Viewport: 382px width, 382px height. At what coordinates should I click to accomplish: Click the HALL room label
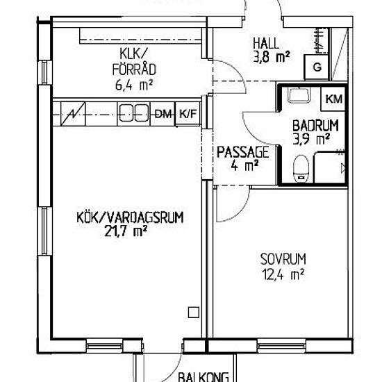click(x=265, y=43)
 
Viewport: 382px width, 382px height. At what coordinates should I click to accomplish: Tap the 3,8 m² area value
click(x=272, y=57)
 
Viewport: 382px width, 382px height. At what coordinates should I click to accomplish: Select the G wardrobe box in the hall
click(x=317, y=67)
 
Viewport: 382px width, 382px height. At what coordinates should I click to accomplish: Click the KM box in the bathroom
click(x=334, y=99)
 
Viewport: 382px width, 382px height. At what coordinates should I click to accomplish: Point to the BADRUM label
click(x=315, y=126)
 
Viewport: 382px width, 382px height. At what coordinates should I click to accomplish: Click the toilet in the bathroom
click(x=301, y=168)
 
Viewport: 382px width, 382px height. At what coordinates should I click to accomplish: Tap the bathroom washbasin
click(x=299, y=95)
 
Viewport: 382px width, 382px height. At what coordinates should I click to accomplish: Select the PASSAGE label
click(x=243, y=152)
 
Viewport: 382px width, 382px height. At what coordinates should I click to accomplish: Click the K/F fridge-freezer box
click(x=188, y=114)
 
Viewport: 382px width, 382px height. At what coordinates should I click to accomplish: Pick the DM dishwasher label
click(x=164, y=114)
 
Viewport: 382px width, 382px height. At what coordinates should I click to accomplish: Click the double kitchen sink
click(x=134, y=113)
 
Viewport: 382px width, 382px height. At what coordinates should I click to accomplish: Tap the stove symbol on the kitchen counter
click(x=73, y=114)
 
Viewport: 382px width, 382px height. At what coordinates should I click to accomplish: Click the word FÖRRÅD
click(x=134, y=69)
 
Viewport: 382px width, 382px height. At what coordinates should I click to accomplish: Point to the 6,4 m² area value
click(x=134, y=85)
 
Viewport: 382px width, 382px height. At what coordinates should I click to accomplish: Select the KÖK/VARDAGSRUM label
click(x=130, y=217)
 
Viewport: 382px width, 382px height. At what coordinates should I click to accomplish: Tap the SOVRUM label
click(x=283, y=259)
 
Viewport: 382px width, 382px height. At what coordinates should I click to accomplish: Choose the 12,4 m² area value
click(x=283, y=274)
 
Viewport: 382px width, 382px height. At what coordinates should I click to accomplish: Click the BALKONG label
click(x=204, y=376)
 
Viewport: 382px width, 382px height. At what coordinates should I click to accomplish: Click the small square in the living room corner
click(x=194, y=313)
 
